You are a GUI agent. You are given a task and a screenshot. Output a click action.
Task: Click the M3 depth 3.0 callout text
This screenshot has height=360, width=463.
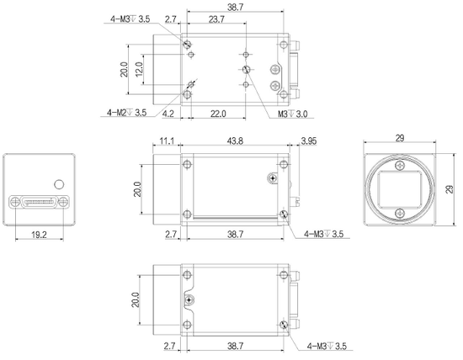(x=291, y=110)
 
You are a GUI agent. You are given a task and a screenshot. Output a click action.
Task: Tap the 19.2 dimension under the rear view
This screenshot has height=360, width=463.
(x=40, y=236)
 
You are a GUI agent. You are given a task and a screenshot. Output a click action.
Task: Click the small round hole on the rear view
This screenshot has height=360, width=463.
(x=58, y=183)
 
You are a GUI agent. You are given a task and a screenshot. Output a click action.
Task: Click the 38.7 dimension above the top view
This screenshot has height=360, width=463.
(x=235, y=6)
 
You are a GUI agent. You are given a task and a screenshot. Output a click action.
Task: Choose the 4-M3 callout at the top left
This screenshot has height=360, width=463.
(x=127, y=18)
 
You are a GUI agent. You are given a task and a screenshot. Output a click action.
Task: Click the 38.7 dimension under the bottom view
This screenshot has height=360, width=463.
(x=235, y=346)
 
